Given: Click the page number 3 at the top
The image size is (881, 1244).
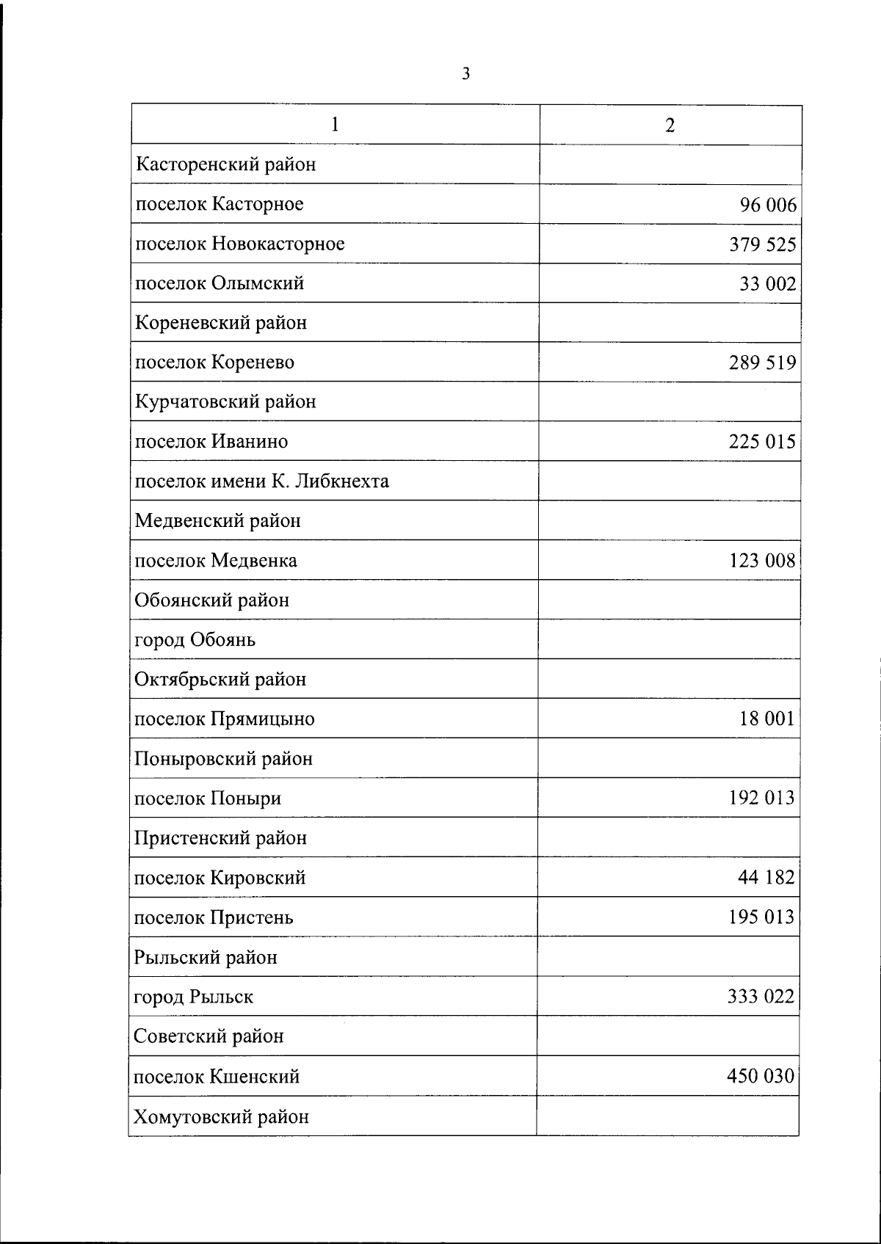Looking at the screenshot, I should point(465,73).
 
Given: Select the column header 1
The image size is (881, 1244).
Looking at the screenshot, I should point(335,124).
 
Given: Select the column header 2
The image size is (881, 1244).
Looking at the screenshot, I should point(670,126).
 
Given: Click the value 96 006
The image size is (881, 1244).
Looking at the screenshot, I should point(768,205).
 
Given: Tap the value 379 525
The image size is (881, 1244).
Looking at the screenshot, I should point(762,244).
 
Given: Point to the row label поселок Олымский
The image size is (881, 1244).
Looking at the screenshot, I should point(220,283).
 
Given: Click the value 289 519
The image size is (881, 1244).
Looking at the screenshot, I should point(762,363).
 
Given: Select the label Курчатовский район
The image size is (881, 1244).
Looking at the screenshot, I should point(225,402).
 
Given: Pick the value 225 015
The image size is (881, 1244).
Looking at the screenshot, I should point(762,442).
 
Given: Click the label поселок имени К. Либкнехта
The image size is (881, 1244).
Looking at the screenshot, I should point(261,481).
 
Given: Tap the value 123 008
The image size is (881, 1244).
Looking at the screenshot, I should point(762,561).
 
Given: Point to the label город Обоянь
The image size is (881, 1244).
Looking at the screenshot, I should point(195,640).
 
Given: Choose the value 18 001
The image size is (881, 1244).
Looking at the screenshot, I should point(767,719).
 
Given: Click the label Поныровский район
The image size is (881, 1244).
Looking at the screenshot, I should point(223,759).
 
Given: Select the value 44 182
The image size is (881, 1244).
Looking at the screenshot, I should point(766,877).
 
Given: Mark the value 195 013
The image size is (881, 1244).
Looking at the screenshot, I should point(761,917).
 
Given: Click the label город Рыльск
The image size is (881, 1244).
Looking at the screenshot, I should point(193,997).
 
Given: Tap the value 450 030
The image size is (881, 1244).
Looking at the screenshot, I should point(761,1076).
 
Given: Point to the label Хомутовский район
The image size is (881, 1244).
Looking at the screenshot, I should point(221,1117).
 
